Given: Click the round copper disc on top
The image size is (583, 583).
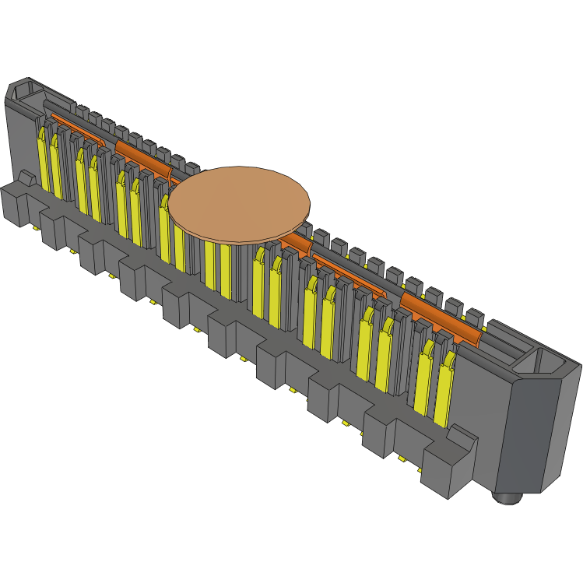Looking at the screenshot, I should [239, 202].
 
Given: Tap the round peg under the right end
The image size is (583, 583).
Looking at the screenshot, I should [508, 496].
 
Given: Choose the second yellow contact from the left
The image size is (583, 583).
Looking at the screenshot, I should [55, 165].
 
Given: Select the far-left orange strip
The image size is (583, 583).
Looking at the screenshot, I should [78, 128].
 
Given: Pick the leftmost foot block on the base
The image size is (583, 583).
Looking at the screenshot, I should [14, 204].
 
